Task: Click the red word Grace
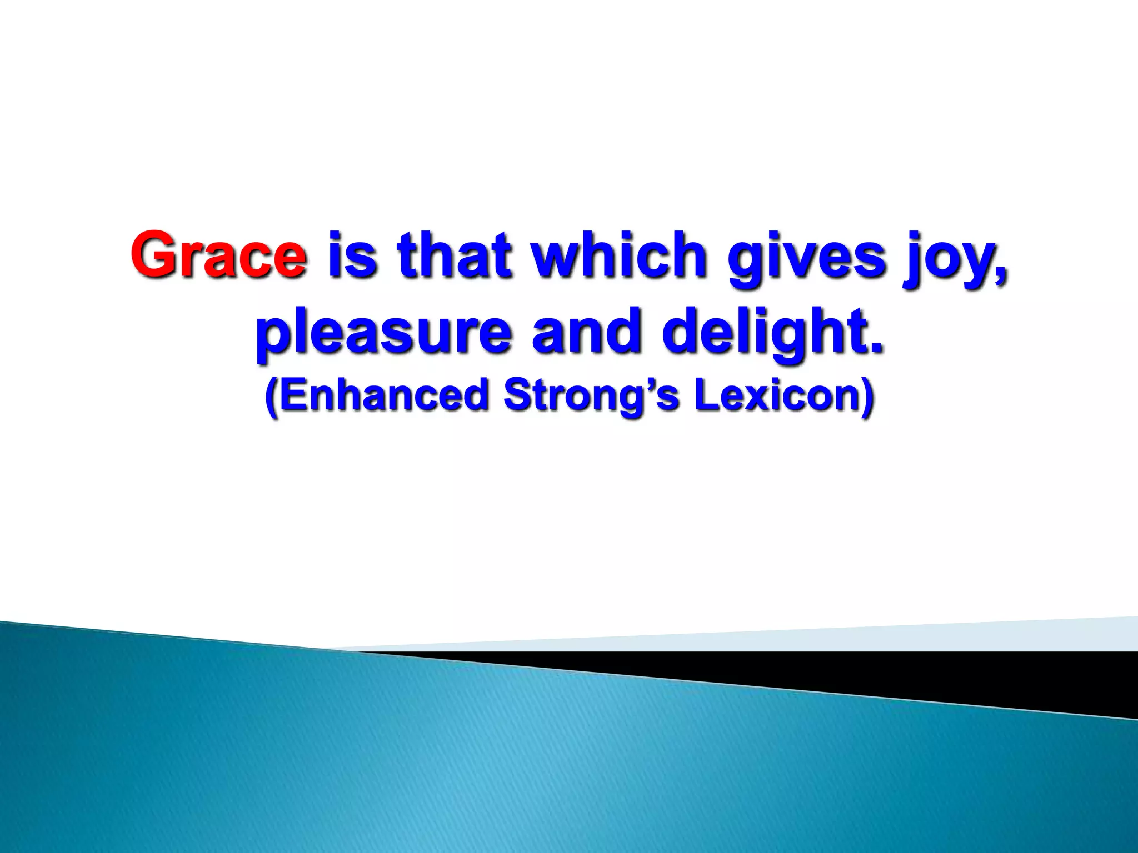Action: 218,255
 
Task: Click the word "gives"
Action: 806,258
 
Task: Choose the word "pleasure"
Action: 383,333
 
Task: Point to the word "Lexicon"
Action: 777,395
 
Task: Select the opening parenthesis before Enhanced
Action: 271,397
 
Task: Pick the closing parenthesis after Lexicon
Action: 868,397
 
